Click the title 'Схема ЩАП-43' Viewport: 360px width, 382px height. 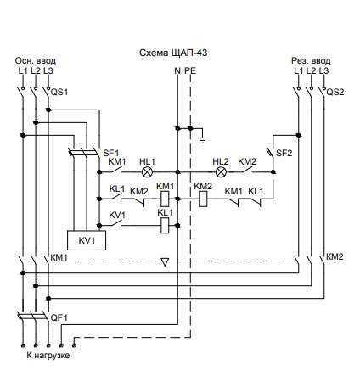(173, 53)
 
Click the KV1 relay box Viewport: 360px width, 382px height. (87, 240)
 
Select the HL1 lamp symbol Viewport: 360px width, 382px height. (147, 171)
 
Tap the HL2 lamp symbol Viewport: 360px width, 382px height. (220, 171)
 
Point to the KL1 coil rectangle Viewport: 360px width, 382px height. (165, 225)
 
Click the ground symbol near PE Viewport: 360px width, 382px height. (203, 139)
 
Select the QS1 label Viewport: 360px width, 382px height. (59, 93)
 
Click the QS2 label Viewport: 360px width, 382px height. (335, 93)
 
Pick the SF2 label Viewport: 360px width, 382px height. (284, 153)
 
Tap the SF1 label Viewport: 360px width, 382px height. (110, 153)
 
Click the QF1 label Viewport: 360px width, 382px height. (59, 317)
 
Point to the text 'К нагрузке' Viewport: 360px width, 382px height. (48, 356)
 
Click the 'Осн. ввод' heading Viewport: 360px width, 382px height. (36, 61)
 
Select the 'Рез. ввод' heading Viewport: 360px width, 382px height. (311, 61)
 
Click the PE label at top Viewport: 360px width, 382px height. (190, 70)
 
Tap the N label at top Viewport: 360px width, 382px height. (177, 70)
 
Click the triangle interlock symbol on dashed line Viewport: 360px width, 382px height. (165, 262)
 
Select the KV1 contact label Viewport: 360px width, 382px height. (117, 216)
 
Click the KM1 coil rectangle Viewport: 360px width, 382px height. (165, 199)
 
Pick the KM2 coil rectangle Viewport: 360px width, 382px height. (203, 199)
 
